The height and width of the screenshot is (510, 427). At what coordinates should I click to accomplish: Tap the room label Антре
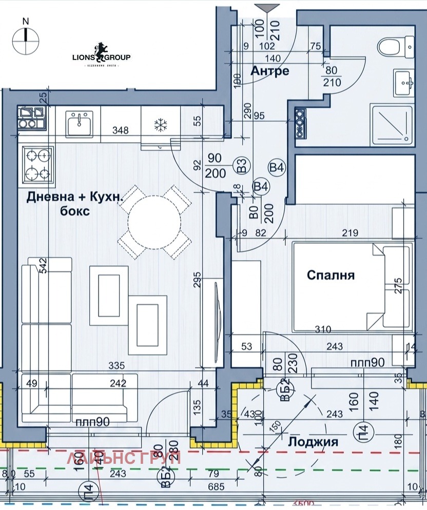coord(269,71)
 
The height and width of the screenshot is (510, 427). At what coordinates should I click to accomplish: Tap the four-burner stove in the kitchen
coord(38,164)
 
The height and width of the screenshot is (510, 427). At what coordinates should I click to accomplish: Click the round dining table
coord(154,222)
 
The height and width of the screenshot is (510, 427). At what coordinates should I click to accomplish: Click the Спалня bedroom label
coord(331,275)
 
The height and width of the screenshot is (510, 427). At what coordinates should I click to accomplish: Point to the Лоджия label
coord(313,442)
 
